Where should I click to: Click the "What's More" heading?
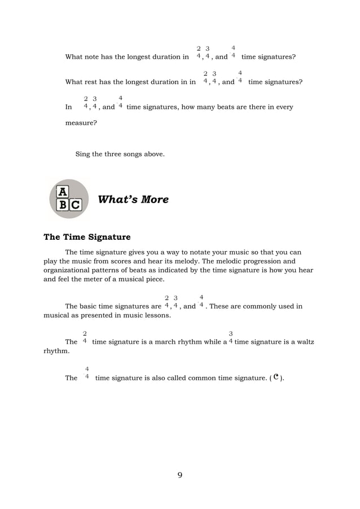133,200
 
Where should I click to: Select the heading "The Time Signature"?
87,237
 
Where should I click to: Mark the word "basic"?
98,307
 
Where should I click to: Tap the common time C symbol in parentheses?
276,378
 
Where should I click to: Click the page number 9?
180,475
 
